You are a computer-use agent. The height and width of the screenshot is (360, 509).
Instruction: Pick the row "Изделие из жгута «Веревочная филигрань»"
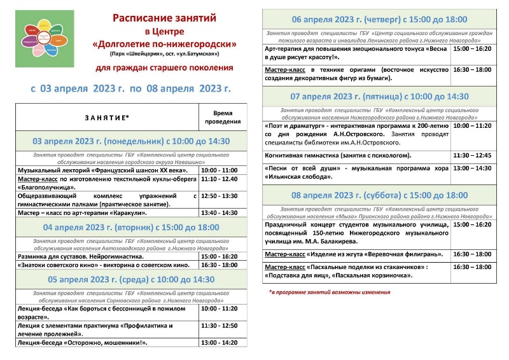(353, 254)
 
